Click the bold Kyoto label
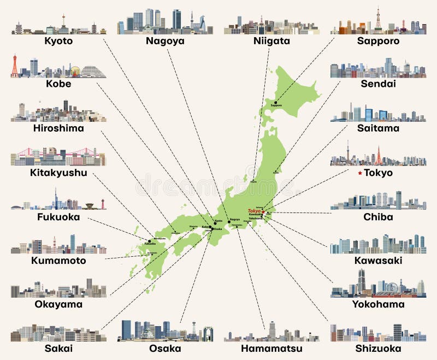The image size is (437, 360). click(58, 40)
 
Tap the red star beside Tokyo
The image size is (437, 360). click(359, 173)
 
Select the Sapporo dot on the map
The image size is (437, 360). click(276, 102)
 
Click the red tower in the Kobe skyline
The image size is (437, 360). click(15, 66)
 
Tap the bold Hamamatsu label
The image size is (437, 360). click(271, 348)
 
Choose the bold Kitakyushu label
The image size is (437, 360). click(58, 173)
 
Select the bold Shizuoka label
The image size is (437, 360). click(377, 348)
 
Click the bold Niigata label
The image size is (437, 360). click(271, 40)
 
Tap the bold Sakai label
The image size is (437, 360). click(58, 348)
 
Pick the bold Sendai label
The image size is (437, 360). click(377, 84)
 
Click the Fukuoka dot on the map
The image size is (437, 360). click(149, 241)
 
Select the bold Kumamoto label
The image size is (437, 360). click(58, 261)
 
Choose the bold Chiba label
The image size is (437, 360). click(377, 217)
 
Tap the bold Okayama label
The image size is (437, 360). click(58, 304)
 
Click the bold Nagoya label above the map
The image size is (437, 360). click(164, 40)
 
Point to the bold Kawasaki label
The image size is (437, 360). click(377, 261)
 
